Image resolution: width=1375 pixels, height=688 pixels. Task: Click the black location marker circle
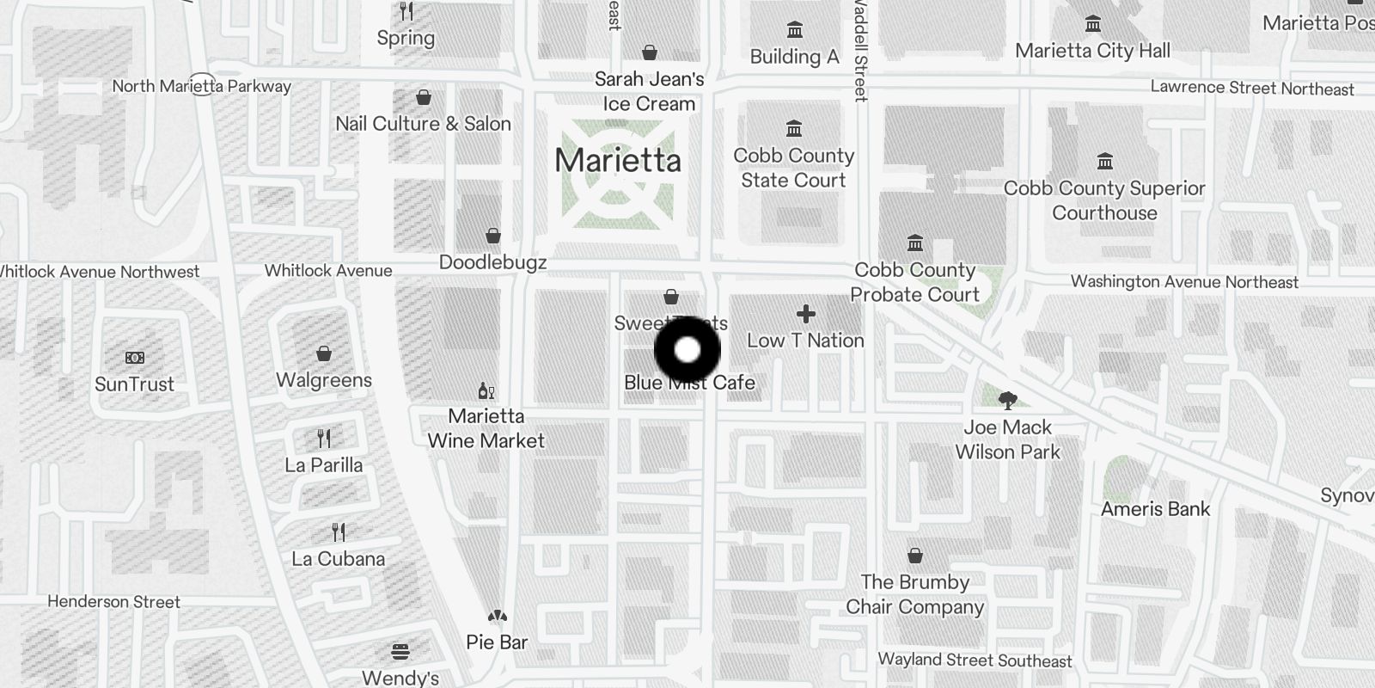(x=687, y=350)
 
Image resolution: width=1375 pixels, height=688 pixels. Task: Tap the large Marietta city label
(x=618, y=161)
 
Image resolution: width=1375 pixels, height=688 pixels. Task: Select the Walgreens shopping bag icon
(x=324, y=353)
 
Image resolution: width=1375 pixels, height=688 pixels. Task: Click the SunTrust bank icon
(x=135, y=358)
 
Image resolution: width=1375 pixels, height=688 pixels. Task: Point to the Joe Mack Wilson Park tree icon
(x=1007, y=400)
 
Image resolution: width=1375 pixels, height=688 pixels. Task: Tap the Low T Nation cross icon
(x=805, y=314)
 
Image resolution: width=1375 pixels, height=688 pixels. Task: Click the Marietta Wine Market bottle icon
(x=486, y=391)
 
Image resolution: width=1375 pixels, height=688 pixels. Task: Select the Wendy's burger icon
(x=400, y=652)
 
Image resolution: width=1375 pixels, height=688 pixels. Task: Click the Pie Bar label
(x=497, y=642)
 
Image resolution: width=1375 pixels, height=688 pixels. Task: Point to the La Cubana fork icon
(x=339, y=532)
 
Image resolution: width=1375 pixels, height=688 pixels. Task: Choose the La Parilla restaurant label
(x=324, y=465)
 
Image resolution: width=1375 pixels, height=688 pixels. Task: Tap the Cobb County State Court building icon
(x=794, y=129)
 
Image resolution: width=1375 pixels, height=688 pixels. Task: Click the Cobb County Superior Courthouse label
(x=1104, y=200)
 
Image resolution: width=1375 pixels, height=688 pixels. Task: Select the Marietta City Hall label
(x=1092, y=51)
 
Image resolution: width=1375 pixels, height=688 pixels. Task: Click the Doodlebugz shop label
(x=492, y=262)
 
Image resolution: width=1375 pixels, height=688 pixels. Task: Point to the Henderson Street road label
(x=113, y=602)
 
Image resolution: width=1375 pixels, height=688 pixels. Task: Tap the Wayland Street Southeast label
(x=975, y=660)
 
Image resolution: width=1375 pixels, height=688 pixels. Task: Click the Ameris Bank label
(x=1155, y=509)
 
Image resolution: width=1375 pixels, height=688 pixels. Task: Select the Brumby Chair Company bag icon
(x=915, y=556)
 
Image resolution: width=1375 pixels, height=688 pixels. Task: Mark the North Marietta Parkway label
(x=201, y=86)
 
